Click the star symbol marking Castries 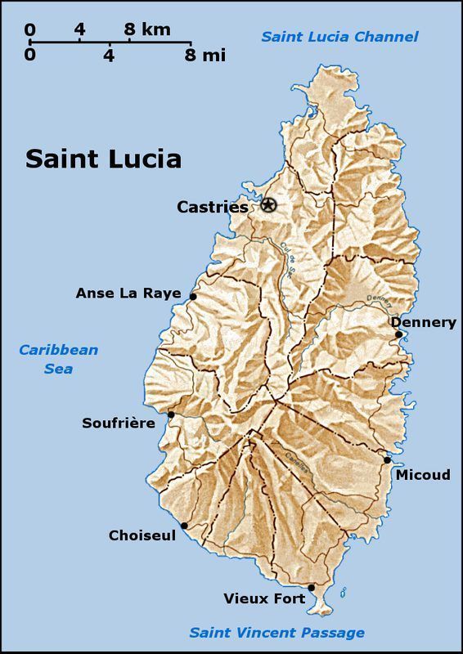pos(268,205)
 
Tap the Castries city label pos(212,208)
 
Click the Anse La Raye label pos(128,293)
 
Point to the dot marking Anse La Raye pos(193,297)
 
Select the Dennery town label pos(423,322)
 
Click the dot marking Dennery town pos(398,334)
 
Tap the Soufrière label pos(119,423)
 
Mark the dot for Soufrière pos(171,414)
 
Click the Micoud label pos(422,474)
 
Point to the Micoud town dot pos(388,459)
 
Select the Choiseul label pos(142,535)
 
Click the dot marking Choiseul pos(184,526)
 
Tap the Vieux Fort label pos(264,598)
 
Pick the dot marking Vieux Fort pos(311,587)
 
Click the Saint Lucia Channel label pos(339,37)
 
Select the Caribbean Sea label pos(58,359)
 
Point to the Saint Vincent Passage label pos(276,632)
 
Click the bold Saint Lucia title pos(103,159)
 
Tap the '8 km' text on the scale pos(147,29)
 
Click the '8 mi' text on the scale pos(205,56)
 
